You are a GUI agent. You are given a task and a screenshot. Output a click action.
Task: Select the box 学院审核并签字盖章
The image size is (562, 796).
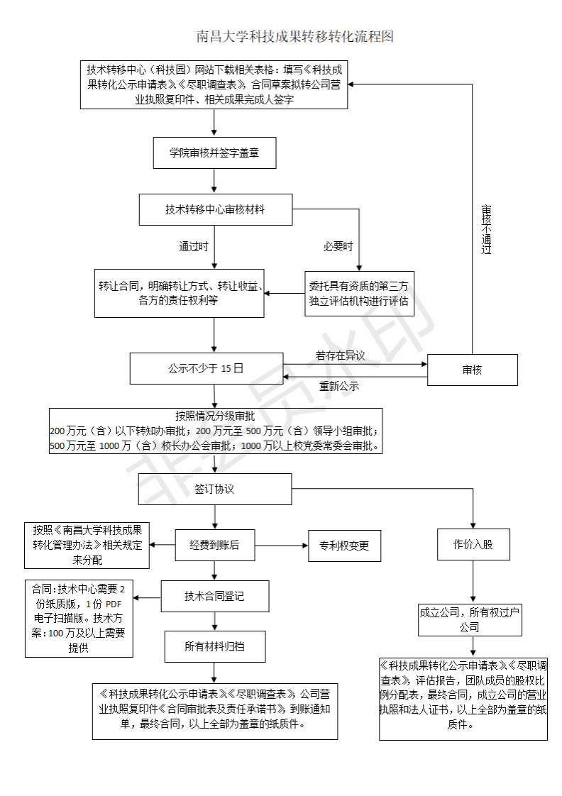(214, 153)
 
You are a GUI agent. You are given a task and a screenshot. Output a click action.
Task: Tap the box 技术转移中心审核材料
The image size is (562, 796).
(216, 210)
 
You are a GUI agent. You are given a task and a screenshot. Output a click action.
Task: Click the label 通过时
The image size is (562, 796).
(193, 247)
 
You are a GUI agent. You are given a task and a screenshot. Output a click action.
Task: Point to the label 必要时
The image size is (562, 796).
(338, 247)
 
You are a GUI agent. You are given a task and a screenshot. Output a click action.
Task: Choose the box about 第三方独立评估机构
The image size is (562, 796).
(359, 294)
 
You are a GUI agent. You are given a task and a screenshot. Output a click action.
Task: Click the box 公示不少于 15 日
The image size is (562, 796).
(206, 368)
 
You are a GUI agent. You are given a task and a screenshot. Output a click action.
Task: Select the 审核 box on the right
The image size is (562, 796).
(473, 369)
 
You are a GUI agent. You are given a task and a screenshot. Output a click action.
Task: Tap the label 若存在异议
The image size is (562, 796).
(341, 355)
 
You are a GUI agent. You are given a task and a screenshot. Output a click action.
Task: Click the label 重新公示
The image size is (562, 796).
(339, 387)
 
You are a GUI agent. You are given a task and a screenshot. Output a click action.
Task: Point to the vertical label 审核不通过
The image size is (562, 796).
(486, 230)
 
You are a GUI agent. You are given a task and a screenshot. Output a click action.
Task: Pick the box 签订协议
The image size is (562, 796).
(214, 490)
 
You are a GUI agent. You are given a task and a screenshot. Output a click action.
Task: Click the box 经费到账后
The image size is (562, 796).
(214, 546)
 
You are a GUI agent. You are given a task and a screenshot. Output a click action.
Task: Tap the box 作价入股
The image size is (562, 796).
(473, 545)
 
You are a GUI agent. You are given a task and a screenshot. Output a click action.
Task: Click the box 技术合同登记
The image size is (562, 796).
(214, 596)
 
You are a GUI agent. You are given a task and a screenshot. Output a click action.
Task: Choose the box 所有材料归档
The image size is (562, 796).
(214, 646)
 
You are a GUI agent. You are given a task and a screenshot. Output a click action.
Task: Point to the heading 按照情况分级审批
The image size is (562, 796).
(214, 416)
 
